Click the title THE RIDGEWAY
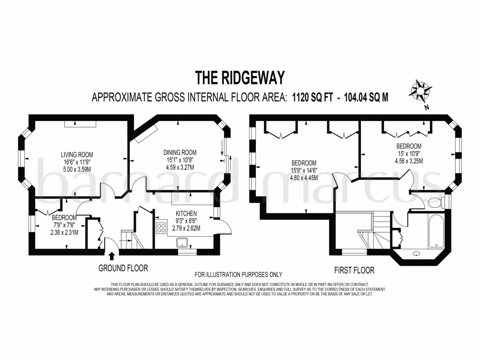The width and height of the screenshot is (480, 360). (240, 76)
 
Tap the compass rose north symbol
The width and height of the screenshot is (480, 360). (420, 90)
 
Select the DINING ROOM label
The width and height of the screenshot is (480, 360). (180, 152)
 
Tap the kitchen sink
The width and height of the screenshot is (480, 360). (181, 242)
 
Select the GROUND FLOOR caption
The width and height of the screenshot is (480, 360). (123, 269)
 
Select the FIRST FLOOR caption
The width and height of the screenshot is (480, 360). (354, 270)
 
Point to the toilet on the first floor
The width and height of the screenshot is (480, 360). (434, 202)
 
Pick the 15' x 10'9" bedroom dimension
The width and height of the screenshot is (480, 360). (408, 153)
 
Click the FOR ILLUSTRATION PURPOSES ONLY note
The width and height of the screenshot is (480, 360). (238, 275)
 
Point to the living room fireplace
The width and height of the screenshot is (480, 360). (80, 123)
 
